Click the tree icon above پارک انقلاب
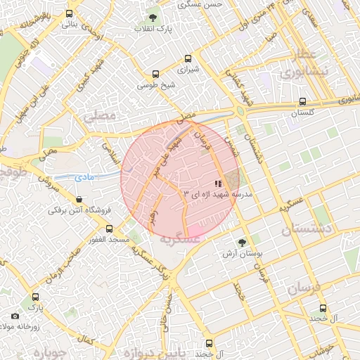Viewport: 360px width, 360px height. pyautogui.click(x=153, y=18)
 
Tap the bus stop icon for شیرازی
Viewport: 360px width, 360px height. pyautogui.click(x=187, y=59)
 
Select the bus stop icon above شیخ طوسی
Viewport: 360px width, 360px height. pyautogui.click(x=155, y=73)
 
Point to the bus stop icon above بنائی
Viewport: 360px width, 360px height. pyautogui.click(x=69, y=13)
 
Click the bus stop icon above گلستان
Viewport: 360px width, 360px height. pyautogui.click(x=302, y=101)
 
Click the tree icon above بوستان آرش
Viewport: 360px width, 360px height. pyautogui.click(x=242, y=243)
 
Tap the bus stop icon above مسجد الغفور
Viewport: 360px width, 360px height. pyautogui.click(x=109, y=229)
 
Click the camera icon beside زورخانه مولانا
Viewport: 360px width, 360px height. pyautogui.click(x=15, y=317)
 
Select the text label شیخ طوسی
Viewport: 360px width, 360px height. pyautogui.click(x=154, y=85)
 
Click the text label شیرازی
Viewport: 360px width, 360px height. pyautogui.click(x=187, y=71)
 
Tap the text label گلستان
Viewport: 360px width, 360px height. pyautogui.click(x=302, y=113)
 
